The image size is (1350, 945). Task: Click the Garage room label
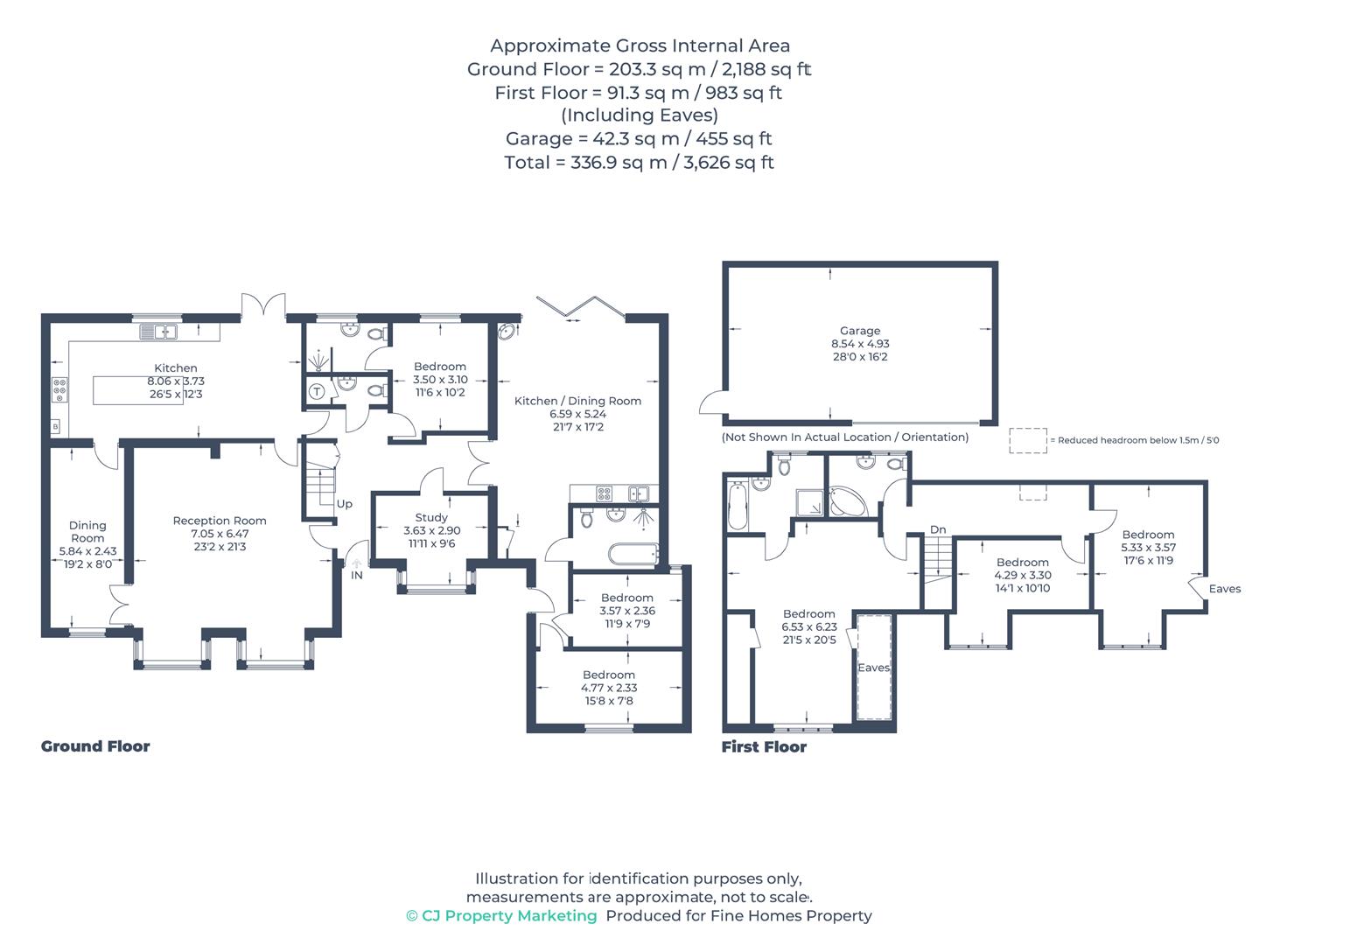pyautogui.click(x=859, y=331)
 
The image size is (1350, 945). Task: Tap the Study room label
pyautogui.click(x=431, y=517)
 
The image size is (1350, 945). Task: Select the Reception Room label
pyautogui.click(x=220, y=521)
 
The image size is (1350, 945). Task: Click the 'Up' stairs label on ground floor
pyautogui.click(x=344, y=504)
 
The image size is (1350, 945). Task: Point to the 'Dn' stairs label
pyautogui.click(x=938, y=529)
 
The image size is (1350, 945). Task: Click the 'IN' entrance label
pyautogui.click(x=357, y=575)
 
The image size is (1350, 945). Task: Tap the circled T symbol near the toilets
pyautogui.click(x=317, y=391)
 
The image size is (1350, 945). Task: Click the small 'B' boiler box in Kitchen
pyautogui.click(x=56, y=427)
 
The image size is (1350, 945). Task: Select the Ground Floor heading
pyautogui.click(x=95, y=746)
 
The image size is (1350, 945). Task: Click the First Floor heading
pyautogui.click(x=764, y=746)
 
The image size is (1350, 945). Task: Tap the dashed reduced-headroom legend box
pyautogui.click(x=1027, y=440)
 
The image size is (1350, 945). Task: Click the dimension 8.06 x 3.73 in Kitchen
pyautogui.click(x=176, y=381)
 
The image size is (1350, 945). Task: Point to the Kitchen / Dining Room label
pyautogui.click(x=577, y=401)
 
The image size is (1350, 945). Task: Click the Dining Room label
pyautogui.click(x=87, y=532)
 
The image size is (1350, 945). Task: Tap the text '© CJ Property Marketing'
pyautogui.click(x=501, y=915)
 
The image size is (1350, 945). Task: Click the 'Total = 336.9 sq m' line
pyautogui.click(x=639, y=162)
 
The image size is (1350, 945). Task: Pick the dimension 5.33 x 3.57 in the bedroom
pyautogui.click(x=1148, y=548)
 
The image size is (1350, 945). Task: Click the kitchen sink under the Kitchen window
pyautogui.click(x=158, y=332)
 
